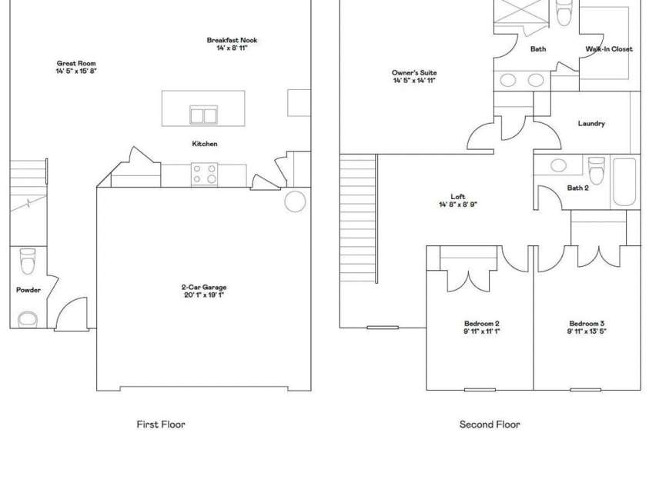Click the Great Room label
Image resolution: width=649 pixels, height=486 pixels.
click(x=76, y=64)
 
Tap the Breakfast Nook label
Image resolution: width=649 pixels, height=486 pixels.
click(x=232, y=41)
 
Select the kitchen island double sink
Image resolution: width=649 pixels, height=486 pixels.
click(x=204, y=115)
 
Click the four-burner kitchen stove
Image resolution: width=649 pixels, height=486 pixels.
click(x=205, y=174)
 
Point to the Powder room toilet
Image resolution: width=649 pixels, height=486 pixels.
click(x=28, y=261)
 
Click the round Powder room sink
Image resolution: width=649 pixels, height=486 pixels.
click(x=28, y=318)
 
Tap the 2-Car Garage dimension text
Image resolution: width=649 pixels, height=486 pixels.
click(x=204, y=295)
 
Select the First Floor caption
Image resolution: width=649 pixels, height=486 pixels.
click(x=161, y=424)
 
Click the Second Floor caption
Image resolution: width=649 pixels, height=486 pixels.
click(x=490, y=424)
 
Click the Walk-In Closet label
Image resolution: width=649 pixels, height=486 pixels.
click(x=608, y=49)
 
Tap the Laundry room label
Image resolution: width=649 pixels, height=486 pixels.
click(x=590, y=123)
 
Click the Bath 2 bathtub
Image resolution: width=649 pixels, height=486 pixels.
click(x=624, y=181)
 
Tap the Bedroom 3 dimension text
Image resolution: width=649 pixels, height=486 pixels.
click(x=587, y=331)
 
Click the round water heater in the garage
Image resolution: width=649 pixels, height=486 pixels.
click(x=295, y=201)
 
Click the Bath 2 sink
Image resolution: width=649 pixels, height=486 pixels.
click(x=559, y=165)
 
